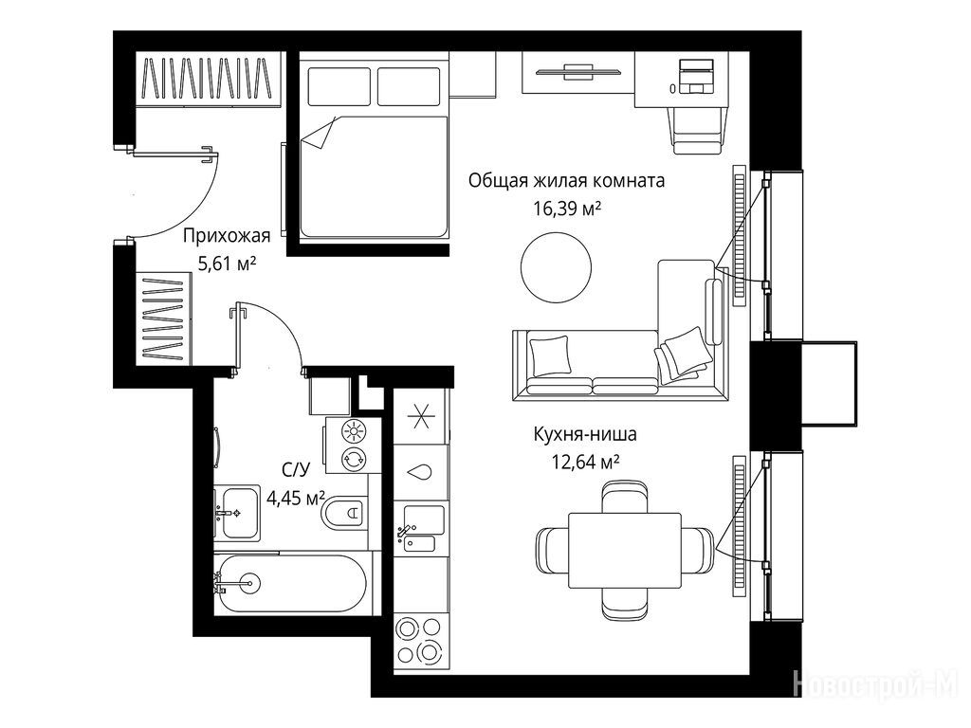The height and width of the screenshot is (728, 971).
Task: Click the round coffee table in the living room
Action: coord(556,267)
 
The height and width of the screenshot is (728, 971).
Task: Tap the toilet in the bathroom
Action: coord(344,513)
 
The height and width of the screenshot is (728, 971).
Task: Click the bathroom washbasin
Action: coord(238,513)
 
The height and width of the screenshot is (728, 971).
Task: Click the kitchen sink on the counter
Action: coord(424,528)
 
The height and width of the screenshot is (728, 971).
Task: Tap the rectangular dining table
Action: coord(625,551)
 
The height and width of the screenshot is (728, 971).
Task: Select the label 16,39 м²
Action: coord(567,209)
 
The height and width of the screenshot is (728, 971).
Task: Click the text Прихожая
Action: coord(227,236)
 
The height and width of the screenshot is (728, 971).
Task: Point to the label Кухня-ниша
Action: coord(585,434)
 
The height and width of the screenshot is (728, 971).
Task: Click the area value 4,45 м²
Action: coord(296,498)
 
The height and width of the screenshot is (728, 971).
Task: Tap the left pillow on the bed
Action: coord(339,86)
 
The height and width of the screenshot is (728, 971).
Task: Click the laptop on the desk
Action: coord(698,76)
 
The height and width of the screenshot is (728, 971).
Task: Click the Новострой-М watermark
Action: coord(875,684)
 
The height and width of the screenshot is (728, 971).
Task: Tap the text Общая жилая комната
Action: coord(567,181)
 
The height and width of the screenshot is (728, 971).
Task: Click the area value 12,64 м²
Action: coord(586,462)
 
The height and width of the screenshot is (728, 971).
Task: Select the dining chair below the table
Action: coord(625,604)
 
